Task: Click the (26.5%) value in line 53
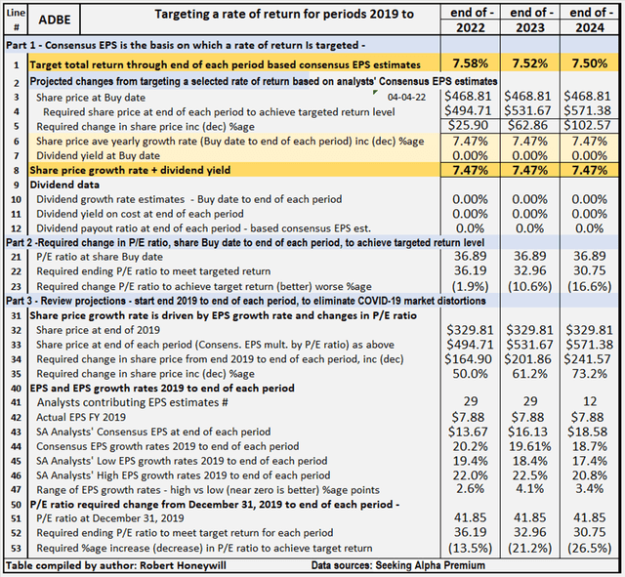click(x=587, y=549)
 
